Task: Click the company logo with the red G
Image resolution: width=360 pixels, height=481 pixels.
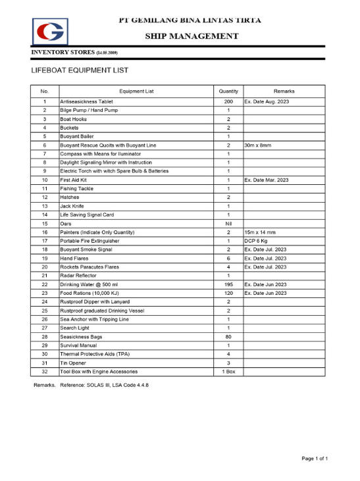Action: pyautogui.click(x=50, y=31)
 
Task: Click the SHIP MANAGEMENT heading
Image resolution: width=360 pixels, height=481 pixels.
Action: pyautogui.click(x=192, y=36)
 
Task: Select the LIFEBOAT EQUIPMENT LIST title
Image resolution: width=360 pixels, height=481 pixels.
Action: pyautogui.click(x=80, y=70)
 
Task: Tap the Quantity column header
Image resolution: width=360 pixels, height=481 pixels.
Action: pyautogui.click(x=228, y=91)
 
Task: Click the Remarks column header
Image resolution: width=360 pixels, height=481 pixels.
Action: pyautogui.click(x=284, y=91)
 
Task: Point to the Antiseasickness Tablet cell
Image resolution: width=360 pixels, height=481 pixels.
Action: pyautogui.click(x=86, y=102)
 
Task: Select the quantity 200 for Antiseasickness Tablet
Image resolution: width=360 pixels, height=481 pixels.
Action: pyautogui.click(x=228, y=102)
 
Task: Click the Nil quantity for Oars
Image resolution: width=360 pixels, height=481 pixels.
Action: pyautogui.click(x=228, y=224)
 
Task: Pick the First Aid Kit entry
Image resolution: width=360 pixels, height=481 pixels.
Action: pyautogui.click(x=73, y=180)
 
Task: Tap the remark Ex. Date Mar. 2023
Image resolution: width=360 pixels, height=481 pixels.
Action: pyautogui.click(x=267, y=180)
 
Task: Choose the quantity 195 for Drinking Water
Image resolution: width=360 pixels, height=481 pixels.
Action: pyautogui.click(x=228, y=284)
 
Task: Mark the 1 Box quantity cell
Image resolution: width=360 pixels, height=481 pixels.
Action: pyautogui.click(x=228, y=371)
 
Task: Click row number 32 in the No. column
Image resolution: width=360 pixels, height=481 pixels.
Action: pyautogui.click(x=44, y=371)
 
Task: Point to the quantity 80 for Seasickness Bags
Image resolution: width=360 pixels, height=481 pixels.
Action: pyautogui.click(x=228, y=336)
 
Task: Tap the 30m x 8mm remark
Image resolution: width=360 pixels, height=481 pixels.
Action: pyautogui.click(x=259, y=145)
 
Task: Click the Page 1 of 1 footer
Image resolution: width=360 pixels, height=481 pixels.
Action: pyautogui.click(x=315, y=458)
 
